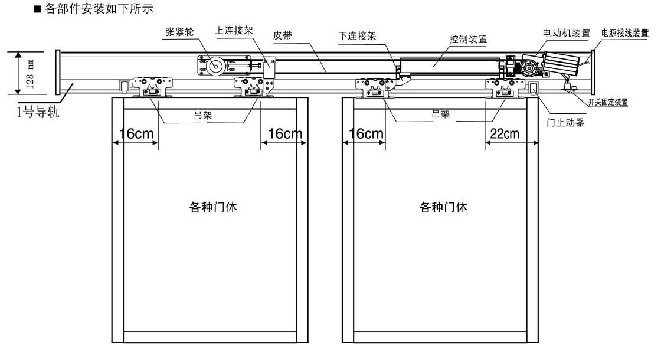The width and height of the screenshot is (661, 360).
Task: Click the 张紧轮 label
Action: [x=179, y=32]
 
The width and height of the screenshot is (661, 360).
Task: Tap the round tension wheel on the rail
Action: [x=215, y=66]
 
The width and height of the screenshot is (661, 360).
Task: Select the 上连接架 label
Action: [x=234, y=30]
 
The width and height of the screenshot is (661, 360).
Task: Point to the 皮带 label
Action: [x=283, y=35]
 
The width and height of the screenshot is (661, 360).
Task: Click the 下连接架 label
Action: [x=357, y=36]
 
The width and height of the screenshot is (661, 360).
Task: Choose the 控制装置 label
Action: [x=468, y=39]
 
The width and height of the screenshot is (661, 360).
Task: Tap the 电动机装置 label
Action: [x=566, y=33]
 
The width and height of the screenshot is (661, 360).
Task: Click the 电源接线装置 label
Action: [x=625, y=33]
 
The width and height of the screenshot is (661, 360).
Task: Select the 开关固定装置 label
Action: [x=608, y=102]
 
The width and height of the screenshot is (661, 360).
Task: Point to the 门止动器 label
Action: [x=565, y=123]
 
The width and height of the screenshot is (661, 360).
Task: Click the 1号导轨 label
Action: [x=38, y=112]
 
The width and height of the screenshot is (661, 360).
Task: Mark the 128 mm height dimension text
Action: [x=30, y=74]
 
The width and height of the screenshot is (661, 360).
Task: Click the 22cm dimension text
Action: [x=505, y=133]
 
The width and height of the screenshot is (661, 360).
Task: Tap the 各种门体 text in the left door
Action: [x=213, y=207]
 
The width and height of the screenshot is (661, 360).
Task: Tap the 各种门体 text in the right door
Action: [x=443, y=207]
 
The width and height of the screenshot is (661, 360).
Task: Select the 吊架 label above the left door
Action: [x=203, y=116]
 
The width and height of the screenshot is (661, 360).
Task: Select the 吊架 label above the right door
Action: [x=440, y=114]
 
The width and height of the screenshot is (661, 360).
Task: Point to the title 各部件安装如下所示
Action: [x=93, y=8]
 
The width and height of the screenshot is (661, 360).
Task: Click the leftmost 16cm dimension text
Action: [x=136, y=133]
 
